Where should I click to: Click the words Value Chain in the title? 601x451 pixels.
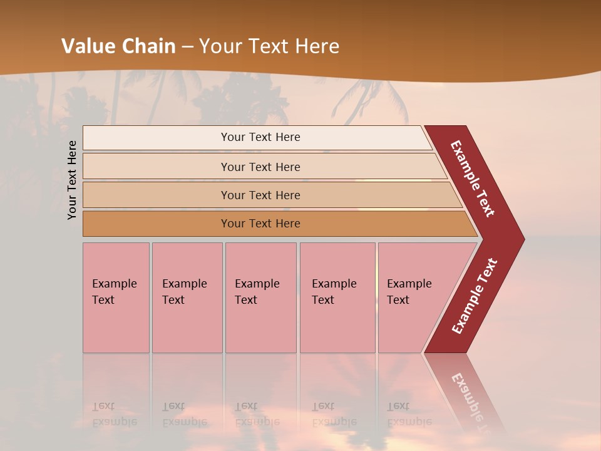[x=118, y=46]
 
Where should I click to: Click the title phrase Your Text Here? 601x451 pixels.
[x=269, y=46]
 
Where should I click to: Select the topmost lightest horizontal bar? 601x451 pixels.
[x=157, y=138]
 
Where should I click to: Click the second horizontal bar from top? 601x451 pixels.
[x=157, y=167]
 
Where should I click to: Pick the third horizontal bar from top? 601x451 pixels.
[x=157, y=195]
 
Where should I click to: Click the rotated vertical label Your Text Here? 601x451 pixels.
[x=72, y=180]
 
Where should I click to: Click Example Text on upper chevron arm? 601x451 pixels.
[x=473, y=179]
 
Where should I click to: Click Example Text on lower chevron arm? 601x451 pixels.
[x=475, y=296]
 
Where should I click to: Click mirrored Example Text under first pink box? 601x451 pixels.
[x=114, y=415]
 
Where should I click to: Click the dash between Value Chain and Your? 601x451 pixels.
[x=187, y=46]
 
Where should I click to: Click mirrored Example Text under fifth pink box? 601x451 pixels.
[x=409, y=415]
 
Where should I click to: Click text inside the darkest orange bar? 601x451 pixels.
[x=260, y=224]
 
